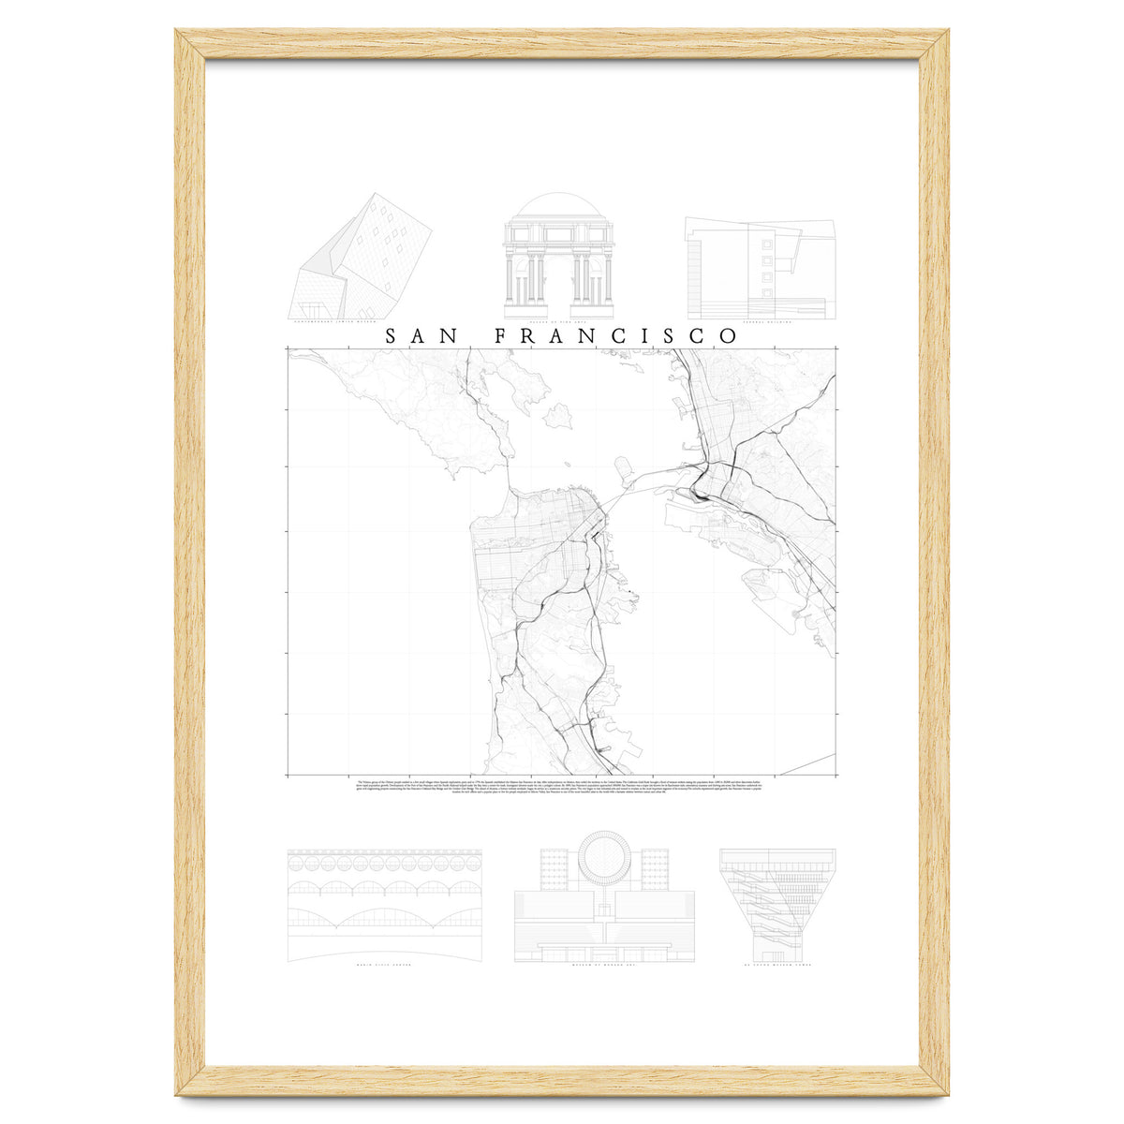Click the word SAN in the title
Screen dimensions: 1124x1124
pyautogui.click(x=416, y=336)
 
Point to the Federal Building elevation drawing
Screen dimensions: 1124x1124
pyautogui.click(x=758, y=268)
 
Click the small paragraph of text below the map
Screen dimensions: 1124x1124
pyautogui.click(x=562, y=785)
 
